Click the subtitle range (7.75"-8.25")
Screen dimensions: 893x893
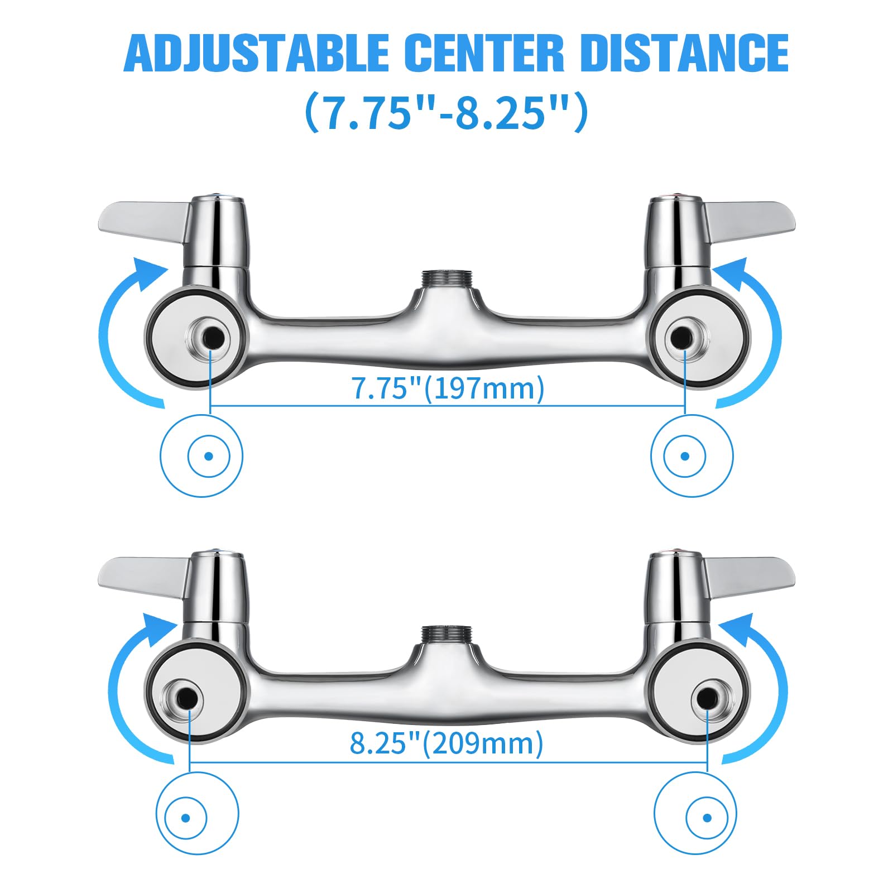click(446, 112)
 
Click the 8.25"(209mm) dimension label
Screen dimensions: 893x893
click(446, 743)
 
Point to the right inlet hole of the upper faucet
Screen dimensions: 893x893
click(683, 337)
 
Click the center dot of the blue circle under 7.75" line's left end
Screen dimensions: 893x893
click(209, 456)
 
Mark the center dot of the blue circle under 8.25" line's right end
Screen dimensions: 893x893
click(708, 819)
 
